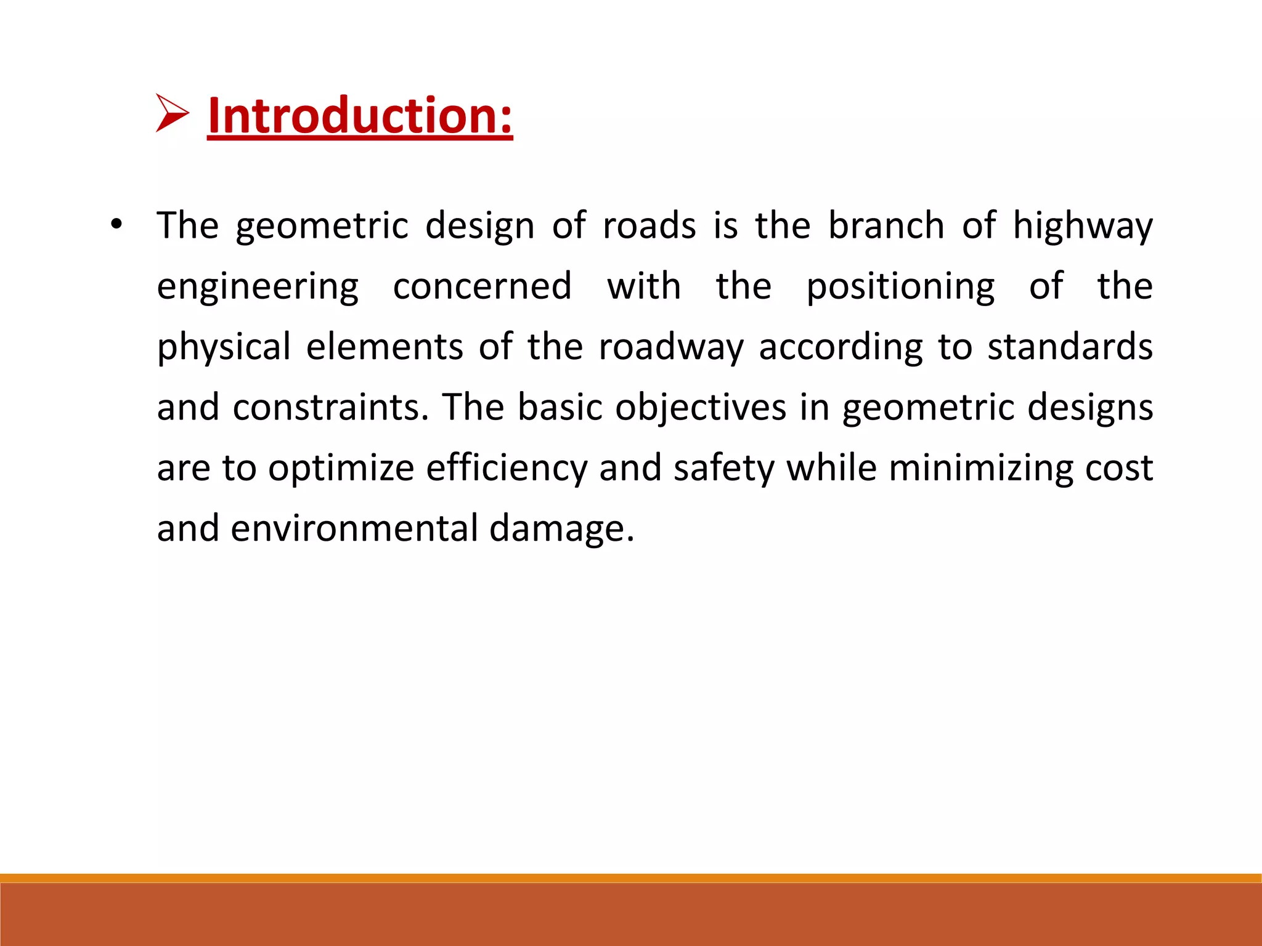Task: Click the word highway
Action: click(x=1083, y=226)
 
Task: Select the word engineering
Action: click(x=258, y=287)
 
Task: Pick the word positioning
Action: click(x=900, y=287)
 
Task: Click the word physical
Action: click(x=224, y=347)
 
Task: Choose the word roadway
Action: click(x=671, y=347)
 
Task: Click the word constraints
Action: click(x=330, y=407)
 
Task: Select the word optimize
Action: click(x=341, y=468)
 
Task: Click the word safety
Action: click(x=723, y=468)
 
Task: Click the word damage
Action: click(x=561, y=529)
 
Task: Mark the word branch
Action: click(x=886, y=225)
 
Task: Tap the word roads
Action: click(x=649, y=225)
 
